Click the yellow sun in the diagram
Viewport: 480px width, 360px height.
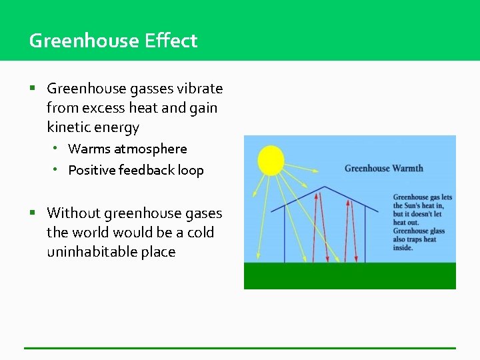click(271, 160)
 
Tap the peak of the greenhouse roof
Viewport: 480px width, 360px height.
click(325, 187)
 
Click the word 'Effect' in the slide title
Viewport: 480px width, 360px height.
click(171, 41)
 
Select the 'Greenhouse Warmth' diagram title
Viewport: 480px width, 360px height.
click(383, 168)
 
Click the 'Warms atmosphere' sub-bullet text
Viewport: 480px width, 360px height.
click(127, 149)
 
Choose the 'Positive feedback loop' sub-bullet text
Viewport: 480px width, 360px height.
click(136, 170)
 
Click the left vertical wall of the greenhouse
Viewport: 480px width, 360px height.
click(285, 233)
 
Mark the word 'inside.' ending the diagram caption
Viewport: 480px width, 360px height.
click(403, 248)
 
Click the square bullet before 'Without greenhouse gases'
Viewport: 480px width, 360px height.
click(32, 213)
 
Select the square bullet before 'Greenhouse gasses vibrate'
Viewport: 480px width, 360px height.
click(32, 89)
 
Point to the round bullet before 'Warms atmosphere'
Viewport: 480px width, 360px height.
click(57, 149)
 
